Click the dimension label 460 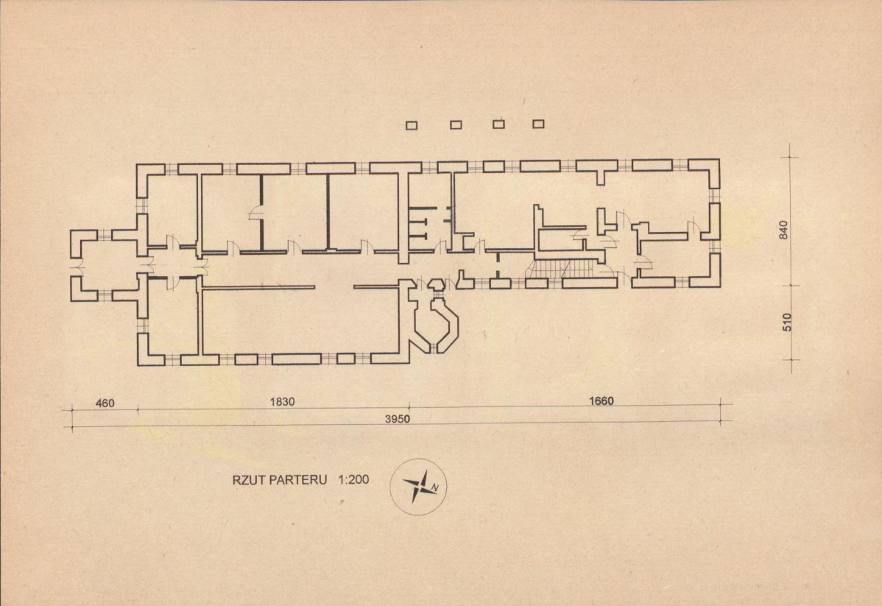(105, 403)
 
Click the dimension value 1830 (282, 402)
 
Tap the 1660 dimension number (601, 401)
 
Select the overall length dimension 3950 (397, 419)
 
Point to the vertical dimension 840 (785, 230)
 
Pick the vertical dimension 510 (787, 322)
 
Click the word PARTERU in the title (297, 480)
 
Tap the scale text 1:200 (354, 480)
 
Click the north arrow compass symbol (418, 486)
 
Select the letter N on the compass (435, 487)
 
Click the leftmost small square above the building (412, 125)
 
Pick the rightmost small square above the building (538, 124)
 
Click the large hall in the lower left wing (301, 321)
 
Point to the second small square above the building (456, 125)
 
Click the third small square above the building (498, 124)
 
